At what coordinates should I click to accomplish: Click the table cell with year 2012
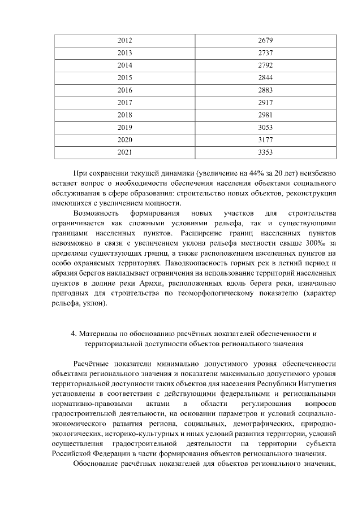coord(124,41)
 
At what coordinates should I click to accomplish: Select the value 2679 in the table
coord(265,41)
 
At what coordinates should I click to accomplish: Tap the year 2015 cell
coord(124,77)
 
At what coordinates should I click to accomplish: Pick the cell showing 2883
coord(265,90)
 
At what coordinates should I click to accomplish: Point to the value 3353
coord(265,152)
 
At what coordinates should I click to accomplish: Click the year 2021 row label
coord(124,152)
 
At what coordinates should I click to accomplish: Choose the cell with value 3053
coord(265,127)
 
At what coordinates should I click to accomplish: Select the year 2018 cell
coord(124,115)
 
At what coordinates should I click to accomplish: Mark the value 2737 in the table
coord(265,53)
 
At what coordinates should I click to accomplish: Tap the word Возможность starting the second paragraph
coord(96,213)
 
